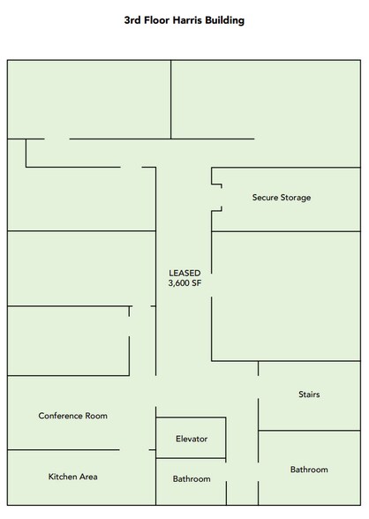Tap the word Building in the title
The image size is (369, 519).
[225, 21]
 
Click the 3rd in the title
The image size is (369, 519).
[132, 20]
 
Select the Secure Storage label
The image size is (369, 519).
[282, 198]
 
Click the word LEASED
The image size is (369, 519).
[184, 273]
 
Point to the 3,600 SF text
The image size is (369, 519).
[184, 283]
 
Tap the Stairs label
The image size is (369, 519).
[309, 395]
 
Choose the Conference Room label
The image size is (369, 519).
[72, 416]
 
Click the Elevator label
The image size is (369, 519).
[192, 439]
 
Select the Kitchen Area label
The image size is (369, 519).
[72, 477]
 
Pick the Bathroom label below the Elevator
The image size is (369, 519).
[192, 479]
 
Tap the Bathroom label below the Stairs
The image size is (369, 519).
[309, 470]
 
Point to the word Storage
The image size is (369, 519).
[296, 199]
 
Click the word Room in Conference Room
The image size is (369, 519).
[96, 416]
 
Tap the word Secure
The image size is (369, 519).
[265, 198]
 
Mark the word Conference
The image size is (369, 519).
[61, 416]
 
